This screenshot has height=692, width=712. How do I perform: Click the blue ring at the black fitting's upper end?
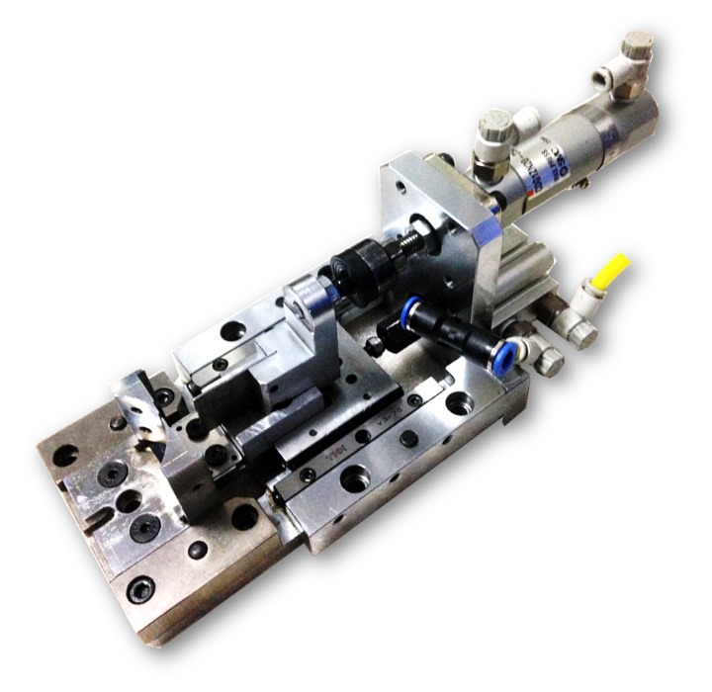tap(407, 308)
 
